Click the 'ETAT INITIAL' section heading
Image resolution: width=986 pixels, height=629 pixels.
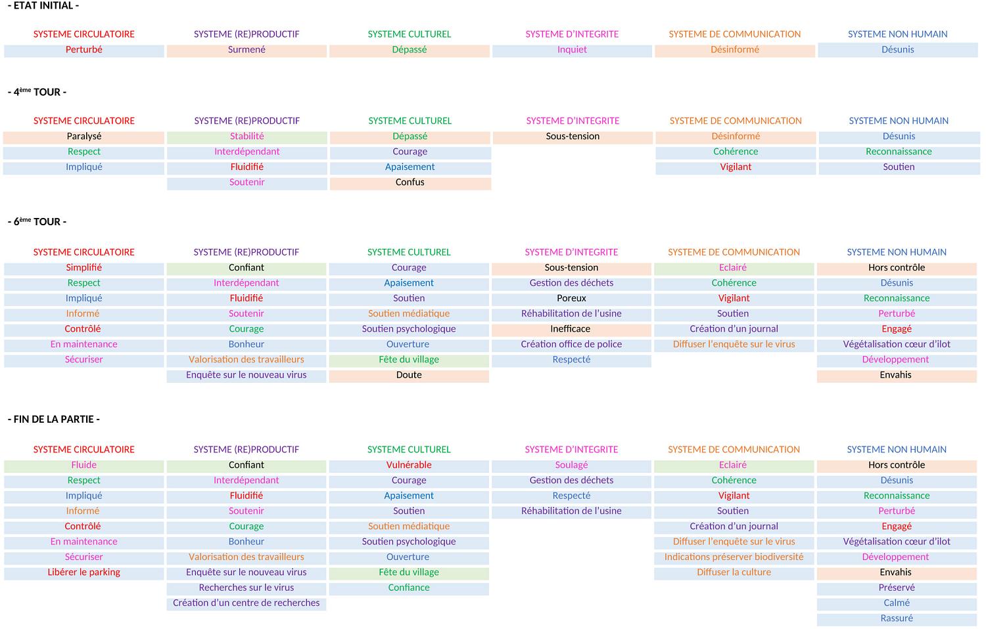pos(43,6)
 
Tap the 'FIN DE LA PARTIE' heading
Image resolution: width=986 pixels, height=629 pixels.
pos(54,419)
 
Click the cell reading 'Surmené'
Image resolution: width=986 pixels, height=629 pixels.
pos(246,50)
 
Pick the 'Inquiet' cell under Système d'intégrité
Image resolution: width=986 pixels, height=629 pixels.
pos(572,50)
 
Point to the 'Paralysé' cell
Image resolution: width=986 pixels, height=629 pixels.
pos(84,137)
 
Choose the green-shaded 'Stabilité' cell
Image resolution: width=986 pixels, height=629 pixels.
pos(247,137)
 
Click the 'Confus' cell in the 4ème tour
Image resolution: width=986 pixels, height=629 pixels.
pos(410,183)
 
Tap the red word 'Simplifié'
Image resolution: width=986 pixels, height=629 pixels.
pos(84,268)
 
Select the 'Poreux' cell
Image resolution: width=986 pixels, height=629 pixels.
pos(571,298)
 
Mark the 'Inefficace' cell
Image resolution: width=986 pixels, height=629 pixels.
pos(571,329)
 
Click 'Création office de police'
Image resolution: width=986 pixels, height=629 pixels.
pos(571,344)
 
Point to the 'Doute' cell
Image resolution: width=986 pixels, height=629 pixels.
pos(409,375)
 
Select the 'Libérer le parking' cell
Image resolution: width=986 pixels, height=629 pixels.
pos(84,572)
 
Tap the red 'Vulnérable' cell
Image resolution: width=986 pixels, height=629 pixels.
pos(409,465)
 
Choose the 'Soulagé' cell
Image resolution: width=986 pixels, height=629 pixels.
pos(571,465)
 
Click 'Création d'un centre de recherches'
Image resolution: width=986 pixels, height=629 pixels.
pos(246,603)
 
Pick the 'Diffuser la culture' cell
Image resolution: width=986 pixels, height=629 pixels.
pos(734,572)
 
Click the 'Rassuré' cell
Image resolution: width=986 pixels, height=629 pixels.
pos(897,618)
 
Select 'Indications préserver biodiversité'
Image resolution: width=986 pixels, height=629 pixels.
pos(734,557)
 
